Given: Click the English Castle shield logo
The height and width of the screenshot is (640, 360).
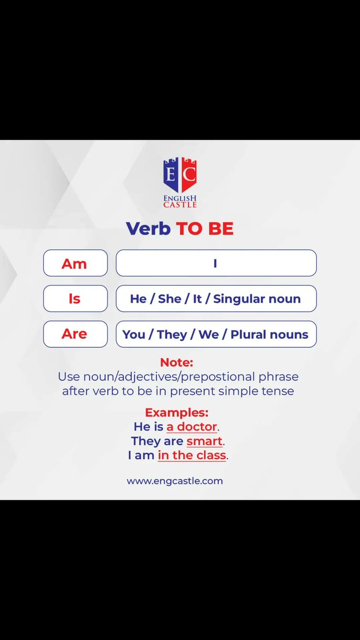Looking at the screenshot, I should [180, 175].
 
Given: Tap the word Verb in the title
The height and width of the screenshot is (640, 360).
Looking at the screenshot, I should [148, 229].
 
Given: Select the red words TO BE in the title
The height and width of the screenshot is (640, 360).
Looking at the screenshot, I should [205, 229].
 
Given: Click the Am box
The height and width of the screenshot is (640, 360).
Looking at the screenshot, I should [75, 263].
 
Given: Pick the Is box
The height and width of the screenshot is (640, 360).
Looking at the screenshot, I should [75, 299].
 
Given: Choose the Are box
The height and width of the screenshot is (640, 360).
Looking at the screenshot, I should [75, 334].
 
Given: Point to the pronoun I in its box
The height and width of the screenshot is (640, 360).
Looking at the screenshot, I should [215, 263].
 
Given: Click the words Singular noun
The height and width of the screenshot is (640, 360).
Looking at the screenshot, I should [257, 299].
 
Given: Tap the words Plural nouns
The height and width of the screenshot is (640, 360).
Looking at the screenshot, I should [269, 334].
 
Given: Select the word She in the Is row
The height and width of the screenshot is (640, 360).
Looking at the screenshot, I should [170, 299].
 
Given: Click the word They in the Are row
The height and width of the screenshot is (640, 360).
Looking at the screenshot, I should [172, 334].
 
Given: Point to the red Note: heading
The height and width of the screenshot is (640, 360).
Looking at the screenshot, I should [177, 363].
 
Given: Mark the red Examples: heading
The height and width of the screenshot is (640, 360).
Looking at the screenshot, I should [177, 412].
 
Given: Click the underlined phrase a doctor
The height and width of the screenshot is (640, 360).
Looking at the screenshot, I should [192, 427].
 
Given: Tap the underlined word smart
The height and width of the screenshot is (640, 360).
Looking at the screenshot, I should [204, 441].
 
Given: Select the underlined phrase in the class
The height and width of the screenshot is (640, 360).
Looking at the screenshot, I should [192, 455].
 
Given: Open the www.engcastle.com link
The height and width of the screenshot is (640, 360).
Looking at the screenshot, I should [175, 481].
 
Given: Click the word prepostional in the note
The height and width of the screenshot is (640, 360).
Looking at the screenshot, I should [215, 377].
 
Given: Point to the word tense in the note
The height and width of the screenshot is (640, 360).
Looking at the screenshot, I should [278, 390].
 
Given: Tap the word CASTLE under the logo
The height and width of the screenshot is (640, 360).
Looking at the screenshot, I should [180, 205].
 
